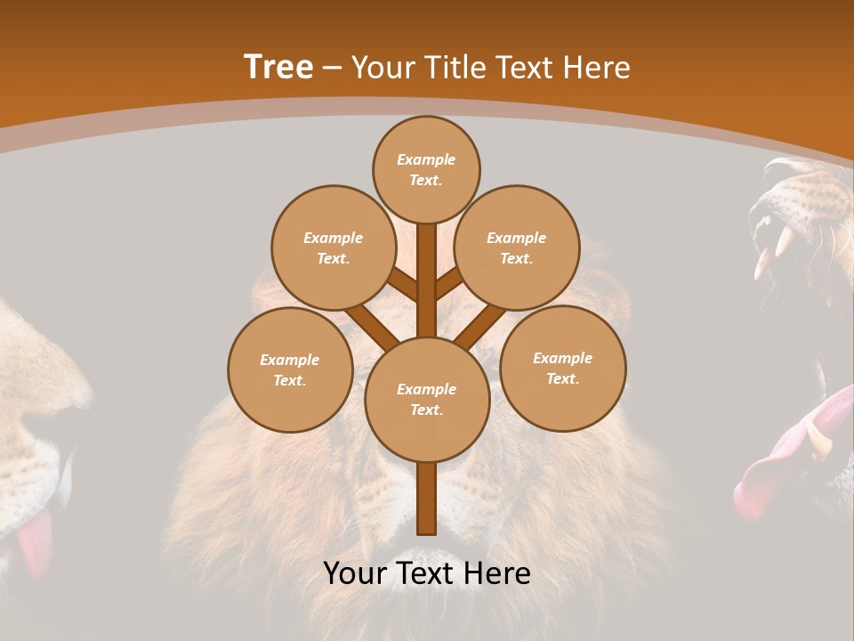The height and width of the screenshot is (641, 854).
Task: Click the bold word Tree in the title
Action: click(x=278, y=68)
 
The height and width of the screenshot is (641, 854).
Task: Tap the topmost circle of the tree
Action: click(x=426, y=169)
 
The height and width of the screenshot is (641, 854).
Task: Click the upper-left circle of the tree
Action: click(x=333, y=247)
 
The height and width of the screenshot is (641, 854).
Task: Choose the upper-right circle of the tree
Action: click(x=517, y=247)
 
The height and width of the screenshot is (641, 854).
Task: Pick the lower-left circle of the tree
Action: click(x=290, y=369)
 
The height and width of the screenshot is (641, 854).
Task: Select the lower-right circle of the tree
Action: click(x=563, y=368)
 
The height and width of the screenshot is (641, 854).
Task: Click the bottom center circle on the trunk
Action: click(x=427, y=399)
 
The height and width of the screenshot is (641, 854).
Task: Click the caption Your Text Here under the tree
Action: click(x=427, y=573)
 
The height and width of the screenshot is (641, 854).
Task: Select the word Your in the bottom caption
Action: click(x=355, y=573)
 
